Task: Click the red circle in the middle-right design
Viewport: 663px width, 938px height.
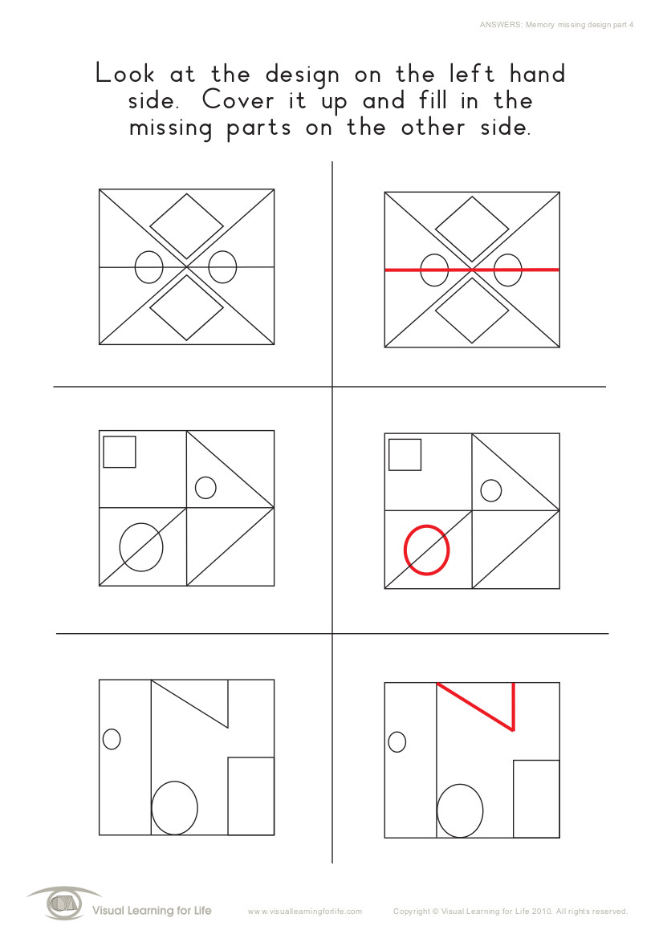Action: (x=405, y=550)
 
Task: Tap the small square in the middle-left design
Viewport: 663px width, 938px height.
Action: (x=104, y=452)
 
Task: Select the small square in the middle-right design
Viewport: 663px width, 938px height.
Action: (x=389, y=455)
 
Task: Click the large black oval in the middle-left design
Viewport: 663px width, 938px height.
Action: (x=120, y=547)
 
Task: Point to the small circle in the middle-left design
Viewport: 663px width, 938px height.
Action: (x=196, y=488)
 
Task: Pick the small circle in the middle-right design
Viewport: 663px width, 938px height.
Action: (x=481, y=490)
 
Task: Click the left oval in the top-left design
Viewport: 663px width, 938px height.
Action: (x=135, y=267)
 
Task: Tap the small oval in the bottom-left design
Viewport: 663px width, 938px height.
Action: (x=103, y=739)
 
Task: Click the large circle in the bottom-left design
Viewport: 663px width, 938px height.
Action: (x=152, y=808)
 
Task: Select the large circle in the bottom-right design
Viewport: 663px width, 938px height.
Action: (x=437, y=811)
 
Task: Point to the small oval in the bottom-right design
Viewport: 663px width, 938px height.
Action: (x=388, y=742)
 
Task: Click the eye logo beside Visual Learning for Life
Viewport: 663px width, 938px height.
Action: (x=64, y=903)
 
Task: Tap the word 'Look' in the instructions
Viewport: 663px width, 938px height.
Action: (x=125, y=74)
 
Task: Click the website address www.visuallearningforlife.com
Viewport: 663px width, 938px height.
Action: (x=304, y=912)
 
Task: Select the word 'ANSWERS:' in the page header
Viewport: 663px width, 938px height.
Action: (x=501, y=25)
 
